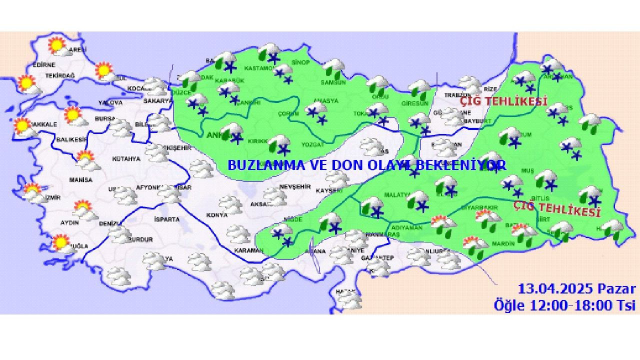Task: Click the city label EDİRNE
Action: tap(44, 65)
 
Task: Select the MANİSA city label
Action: tap(80, 179)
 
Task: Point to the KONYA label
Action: tap(216, 215)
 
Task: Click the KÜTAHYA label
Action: tap(126, 158)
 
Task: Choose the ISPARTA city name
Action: tap(167, 219)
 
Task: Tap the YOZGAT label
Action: tap(313, 144)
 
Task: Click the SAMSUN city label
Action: tap(333, 82)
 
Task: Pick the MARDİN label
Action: tap(503, 243)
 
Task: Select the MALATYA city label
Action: tap(397, 194)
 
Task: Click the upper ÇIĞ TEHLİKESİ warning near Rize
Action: tap(503, 101)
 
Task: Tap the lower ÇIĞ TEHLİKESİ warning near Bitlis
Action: tap(557, 209)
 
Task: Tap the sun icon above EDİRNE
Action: tap(56, 46)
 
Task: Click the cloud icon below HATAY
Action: tap(349, 300)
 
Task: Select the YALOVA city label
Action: tap(110, 103)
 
